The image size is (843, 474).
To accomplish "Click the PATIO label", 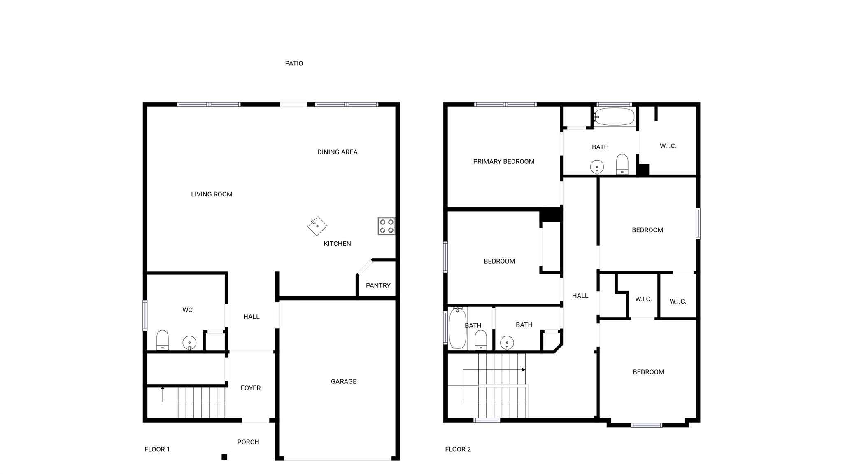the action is coord(294,63).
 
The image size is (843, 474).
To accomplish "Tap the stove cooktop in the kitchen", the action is coord(387,226).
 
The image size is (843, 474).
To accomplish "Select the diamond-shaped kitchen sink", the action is coord(317,226).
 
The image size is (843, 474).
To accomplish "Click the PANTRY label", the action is coord(378,285).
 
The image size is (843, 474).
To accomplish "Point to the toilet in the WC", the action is coord(163,340).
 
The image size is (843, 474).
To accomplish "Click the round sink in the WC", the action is coord(189,343).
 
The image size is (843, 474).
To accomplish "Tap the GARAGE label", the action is coord(344,381).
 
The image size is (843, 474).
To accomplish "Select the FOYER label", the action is coord(251,388).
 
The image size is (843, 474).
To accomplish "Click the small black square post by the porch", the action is coord(224,457).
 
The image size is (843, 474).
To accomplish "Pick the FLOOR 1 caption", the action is coord(157,449).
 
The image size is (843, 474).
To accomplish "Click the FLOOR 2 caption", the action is coord(458,449).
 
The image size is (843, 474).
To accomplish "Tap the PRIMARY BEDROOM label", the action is coord(504,161).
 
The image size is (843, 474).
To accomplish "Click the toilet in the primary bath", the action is coord(622,164).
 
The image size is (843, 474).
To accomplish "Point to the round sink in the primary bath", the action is coord(597,167).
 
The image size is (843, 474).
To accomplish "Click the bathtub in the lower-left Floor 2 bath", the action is coord(458,328).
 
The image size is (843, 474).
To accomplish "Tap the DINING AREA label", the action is coord(338,152).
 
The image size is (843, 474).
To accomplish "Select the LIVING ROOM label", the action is coord(212,194).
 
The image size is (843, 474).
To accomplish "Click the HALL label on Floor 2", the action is coord(580,296).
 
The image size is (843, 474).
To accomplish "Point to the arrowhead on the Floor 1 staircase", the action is coord(163,388).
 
